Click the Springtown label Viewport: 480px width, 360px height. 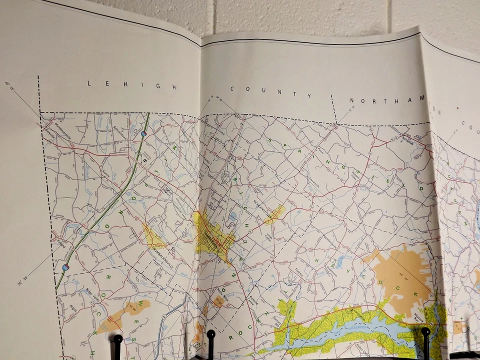[x=407, y=140]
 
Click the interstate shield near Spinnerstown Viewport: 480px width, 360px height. [x=143, y=134]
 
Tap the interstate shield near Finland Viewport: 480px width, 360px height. [x=65, y=267]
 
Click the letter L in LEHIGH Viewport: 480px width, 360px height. [x=89, y=83]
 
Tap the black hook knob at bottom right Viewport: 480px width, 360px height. [x=425, y=331]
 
